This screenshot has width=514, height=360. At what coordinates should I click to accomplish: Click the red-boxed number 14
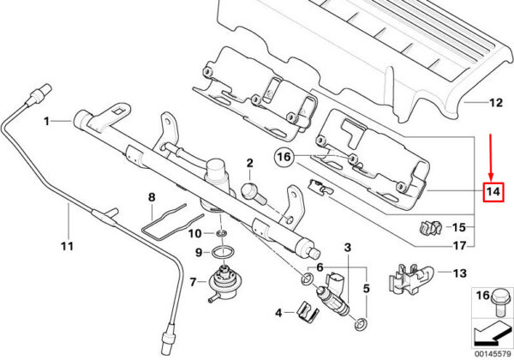[493, 191]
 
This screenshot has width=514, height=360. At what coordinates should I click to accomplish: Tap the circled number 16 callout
[284, 157]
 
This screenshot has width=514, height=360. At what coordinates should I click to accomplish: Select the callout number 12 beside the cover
[496, 103]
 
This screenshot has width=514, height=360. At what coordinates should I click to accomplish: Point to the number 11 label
[67, 246]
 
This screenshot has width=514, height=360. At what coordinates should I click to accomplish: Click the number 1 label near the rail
[47, 122]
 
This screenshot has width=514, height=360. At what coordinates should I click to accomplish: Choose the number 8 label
[152, 197]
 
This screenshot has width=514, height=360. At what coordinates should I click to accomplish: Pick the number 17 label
[459, 245]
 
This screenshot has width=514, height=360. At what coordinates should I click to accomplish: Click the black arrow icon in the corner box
[492, 334]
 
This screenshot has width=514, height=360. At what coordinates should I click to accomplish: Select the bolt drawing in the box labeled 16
[499, 303]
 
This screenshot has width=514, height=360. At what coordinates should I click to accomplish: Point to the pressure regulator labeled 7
[222, 282]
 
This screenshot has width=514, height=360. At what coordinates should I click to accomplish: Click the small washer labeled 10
[221, 233]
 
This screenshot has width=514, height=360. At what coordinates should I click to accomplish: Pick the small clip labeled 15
[431, 227]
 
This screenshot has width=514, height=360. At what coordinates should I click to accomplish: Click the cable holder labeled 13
[411, 279]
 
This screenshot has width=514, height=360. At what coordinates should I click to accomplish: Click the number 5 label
[367, 289]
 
